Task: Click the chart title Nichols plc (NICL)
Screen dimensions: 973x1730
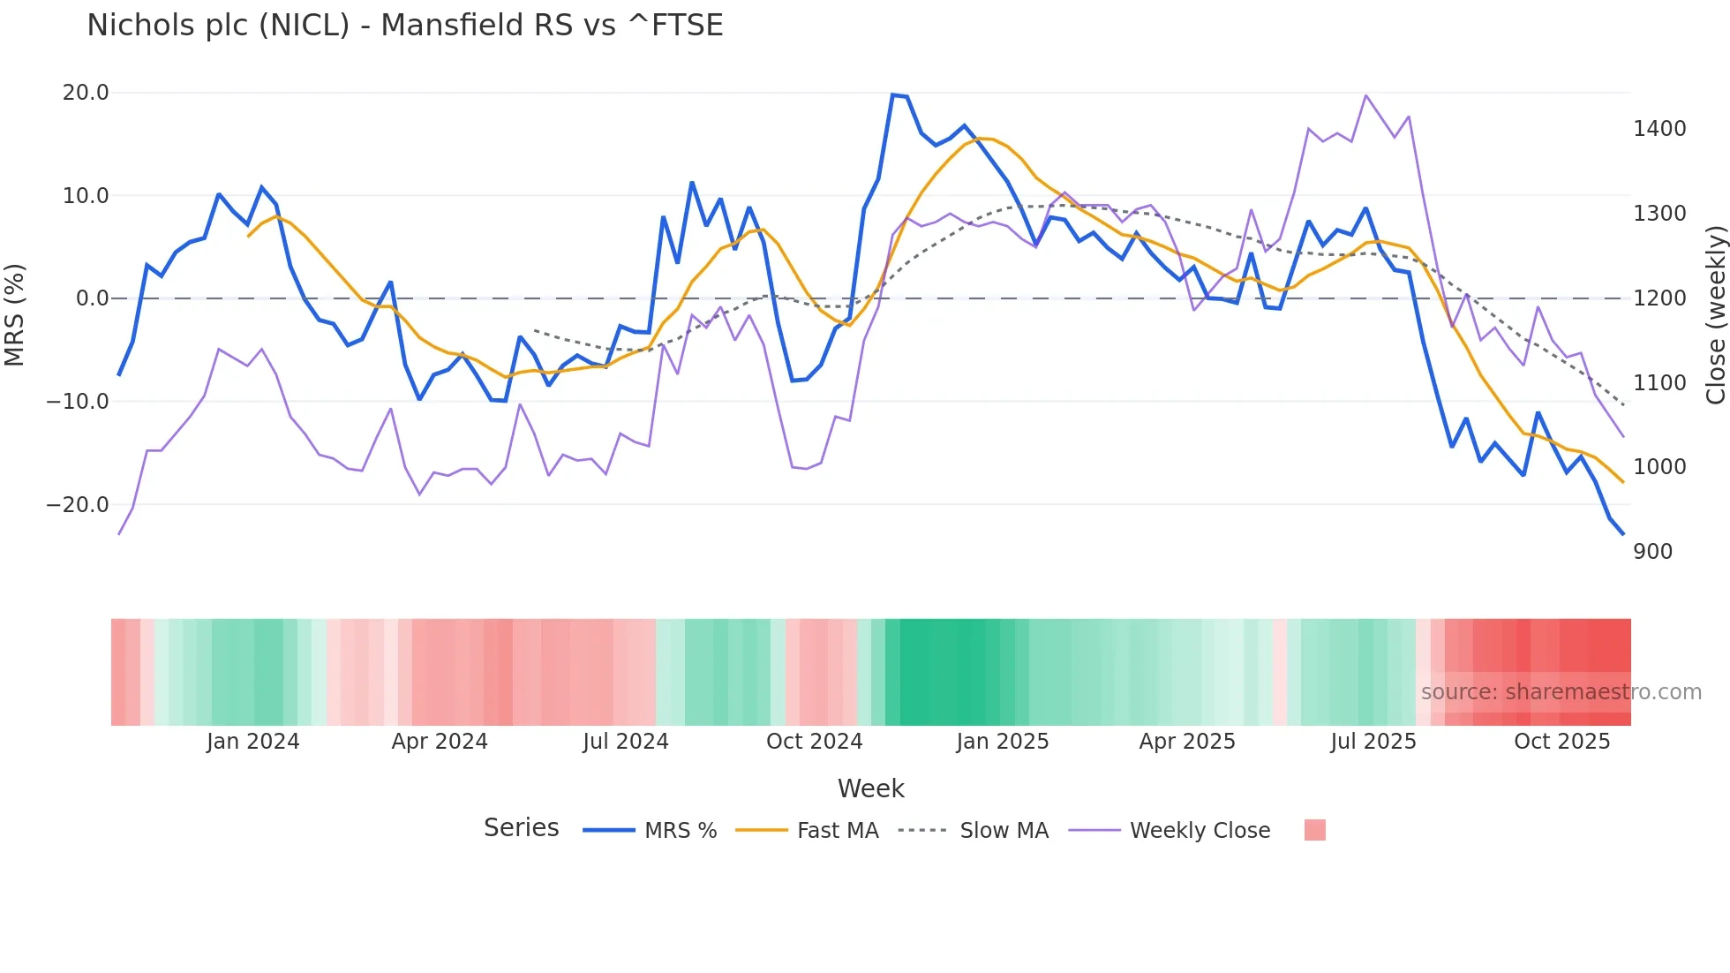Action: pyautogui.click(x=404, y=26)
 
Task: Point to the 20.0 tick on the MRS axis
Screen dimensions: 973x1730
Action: pyautogui.click(x=86, y=93)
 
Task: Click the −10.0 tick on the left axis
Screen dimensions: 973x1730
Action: pyautogui.click(x=78, y=402)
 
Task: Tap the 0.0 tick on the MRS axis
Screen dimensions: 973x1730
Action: pyautogui.click(x=92, y=298)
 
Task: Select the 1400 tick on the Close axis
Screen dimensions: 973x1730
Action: pyautogui.click(x=1659, y=129)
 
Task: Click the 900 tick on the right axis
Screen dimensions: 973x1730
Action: pyautogui.click(x=1652, y=552)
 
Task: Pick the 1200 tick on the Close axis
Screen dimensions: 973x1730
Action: pyautogui.click(x=1659, y=298)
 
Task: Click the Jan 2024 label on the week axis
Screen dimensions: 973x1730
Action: pyautogui.click(x=253, y=742)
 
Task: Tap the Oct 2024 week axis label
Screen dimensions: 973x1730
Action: pyautogui.click(x=814, y=742)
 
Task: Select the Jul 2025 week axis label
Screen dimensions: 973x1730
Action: pyautogui.click(x=1373, y=742)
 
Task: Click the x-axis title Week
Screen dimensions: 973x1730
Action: pyautogui.click(x=870, y=788)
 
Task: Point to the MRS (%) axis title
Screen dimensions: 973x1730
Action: pyautogui.click(x=15, y=314)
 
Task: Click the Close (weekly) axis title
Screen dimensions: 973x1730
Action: pyautogui.click(x=1715, y=315)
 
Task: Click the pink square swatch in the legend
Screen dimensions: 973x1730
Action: pyautogui.click(x=1314, y=830)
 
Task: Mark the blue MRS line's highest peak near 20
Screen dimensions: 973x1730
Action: pyautogui.click(x=893, y=94)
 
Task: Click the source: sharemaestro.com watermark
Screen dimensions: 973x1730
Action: pyautogui.click(x=1561, y=692)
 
